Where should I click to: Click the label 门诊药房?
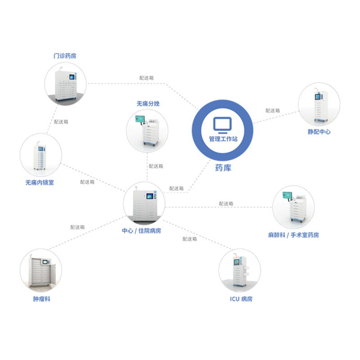[x=64, y=56]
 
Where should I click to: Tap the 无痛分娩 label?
[x=148, y=103]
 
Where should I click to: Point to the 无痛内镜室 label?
[x=40, y=183]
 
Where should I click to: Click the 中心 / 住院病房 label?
[x=141, y=230]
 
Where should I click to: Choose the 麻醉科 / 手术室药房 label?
[x=293, y=235]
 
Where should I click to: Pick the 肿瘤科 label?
[x=41, y=298]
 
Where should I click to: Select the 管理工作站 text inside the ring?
[x=223, y=139]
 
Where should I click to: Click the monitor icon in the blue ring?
[x=222, y=125]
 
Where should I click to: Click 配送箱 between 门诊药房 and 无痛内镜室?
[x=61, y=121]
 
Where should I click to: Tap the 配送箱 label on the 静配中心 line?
[x=272, y=110]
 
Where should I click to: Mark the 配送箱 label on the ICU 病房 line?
[x=189, y=239]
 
